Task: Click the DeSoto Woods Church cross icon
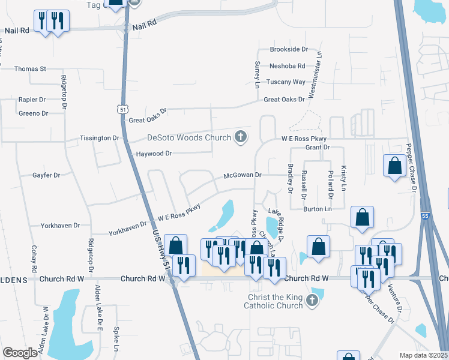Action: click(240, 137)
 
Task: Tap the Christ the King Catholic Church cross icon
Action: click(312, 299)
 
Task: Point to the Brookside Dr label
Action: click(289, 49)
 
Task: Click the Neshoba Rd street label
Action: click(288, 66)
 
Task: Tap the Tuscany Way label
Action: click(286, 82)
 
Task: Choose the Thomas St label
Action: click(30, 69)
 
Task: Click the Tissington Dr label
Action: click(100, 138)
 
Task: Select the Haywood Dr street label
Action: click(154, 154)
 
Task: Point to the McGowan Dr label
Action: click(243, 175)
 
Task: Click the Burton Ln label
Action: click(318, 209)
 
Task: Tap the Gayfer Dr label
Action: click(46, 175)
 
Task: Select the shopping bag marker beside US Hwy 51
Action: click(175, 245)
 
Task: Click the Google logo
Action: click(20, 353)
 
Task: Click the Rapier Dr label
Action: click(32, 100)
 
